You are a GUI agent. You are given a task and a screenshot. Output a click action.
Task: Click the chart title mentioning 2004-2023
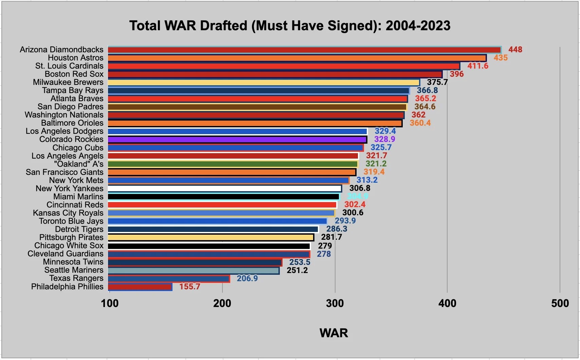(290, 26)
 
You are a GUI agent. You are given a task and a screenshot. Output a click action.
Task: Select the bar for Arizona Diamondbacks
(304, 50)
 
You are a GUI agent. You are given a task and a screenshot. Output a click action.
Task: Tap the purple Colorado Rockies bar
(237, 140)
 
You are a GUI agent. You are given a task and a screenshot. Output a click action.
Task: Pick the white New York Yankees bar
(225, 188)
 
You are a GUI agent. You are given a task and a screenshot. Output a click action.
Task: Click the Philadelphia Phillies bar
(140, 287)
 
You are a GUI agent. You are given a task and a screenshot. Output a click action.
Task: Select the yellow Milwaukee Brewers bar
(264, 83)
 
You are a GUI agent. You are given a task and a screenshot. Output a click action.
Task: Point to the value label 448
(515, 50)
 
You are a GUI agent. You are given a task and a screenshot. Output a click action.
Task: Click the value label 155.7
(189, 287)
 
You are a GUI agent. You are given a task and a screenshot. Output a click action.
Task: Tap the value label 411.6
(477, 66)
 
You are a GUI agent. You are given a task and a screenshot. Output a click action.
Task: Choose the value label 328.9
(384, 139)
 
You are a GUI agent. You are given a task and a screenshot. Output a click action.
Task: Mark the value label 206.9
(247, 278)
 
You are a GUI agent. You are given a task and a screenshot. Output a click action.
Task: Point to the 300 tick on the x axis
(335, 303)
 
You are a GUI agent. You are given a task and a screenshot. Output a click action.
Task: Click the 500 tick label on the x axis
(560, 303)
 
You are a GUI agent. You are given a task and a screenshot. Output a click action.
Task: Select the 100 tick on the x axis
(110, 303)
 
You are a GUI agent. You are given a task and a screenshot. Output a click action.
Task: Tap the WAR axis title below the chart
(333, 333)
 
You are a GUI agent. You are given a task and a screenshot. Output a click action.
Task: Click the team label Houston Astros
(75, 58)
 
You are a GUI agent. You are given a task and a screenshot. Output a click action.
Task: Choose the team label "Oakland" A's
(78, 164)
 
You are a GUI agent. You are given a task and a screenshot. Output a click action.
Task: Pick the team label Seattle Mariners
(74, 270)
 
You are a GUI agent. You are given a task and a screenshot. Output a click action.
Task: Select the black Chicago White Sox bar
(209, 246)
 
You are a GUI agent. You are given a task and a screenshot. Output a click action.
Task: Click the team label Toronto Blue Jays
(71, 221)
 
